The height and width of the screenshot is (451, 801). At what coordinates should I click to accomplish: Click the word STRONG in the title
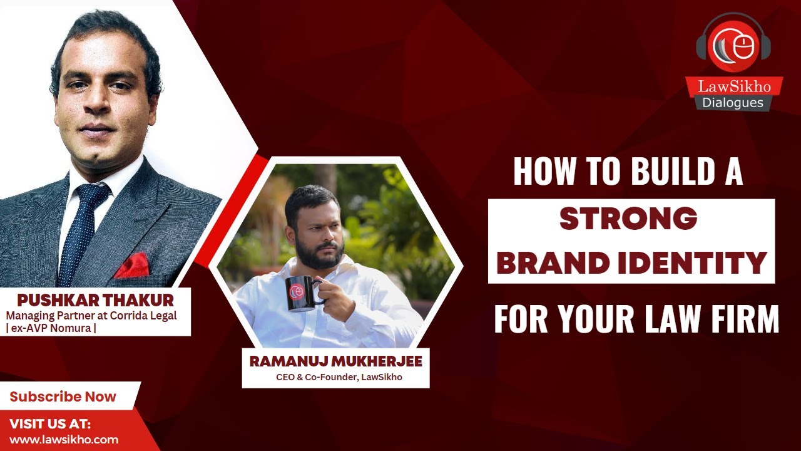click(628, 219)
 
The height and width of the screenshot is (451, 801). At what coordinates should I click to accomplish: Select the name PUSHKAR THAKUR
click(95, 300)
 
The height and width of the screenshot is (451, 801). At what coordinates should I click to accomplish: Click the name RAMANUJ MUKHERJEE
click(335, 361)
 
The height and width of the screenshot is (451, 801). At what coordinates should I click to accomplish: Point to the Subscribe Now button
click(63, 397)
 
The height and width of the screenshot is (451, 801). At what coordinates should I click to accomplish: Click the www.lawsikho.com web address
click(64, 439)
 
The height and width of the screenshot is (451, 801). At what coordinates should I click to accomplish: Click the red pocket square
click(132, 266)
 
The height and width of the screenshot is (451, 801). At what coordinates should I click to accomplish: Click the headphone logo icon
click(733, 46)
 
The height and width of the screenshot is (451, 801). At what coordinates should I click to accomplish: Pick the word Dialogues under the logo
click(733, 103)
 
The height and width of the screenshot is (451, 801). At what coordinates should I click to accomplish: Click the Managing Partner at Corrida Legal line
click(91, 315)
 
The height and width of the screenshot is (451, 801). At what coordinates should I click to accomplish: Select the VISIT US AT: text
click(50, 424)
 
